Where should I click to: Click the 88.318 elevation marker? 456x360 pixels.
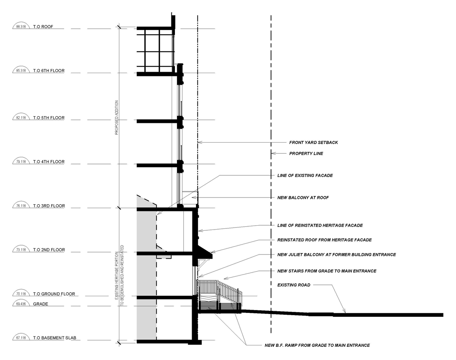(x=21, y=27)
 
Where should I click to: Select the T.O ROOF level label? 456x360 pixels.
(x=43, y=27)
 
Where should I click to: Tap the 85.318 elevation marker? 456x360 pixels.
(x=21, y=71)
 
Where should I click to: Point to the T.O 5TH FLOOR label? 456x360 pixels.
(x=49, y=118)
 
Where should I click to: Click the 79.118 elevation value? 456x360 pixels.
(x=21, y=162)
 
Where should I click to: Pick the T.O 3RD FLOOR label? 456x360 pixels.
(x=49, y=206)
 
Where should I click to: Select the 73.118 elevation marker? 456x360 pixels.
(x=21, y=250)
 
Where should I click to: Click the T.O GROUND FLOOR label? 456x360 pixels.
(x=54, y=294)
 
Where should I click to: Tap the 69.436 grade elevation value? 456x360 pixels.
(x=21, y=304)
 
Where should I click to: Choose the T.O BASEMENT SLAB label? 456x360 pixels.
(x=55, y=338)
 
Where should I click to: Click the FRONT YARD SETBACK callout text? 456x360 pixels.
(x=313, y=143)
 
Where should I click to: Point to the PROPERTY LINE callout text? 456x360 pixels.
(x=306, y=154)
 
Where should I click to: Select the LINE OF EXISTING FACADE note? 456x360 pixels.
(x=305, y=176)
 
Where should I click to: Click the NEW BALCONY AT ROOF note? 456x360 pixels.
(x=303, y=197)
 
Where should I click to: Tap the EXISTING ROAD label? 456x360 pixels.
(x=294, y=285)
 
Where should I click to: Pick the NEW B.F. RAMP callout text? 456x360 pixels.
(x=317, y=345)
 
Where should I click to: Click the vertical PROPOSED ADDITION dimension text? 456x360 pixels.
(x=116, y=118)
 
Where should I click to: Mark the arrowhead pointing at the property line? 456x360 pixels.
(x=273, y=153)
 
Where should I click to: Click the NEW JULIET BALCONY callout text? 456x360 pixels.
(x=337, y=254)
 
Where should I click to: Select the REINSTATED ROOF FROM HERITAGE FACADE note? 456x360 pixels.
(x=325, y=240)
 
